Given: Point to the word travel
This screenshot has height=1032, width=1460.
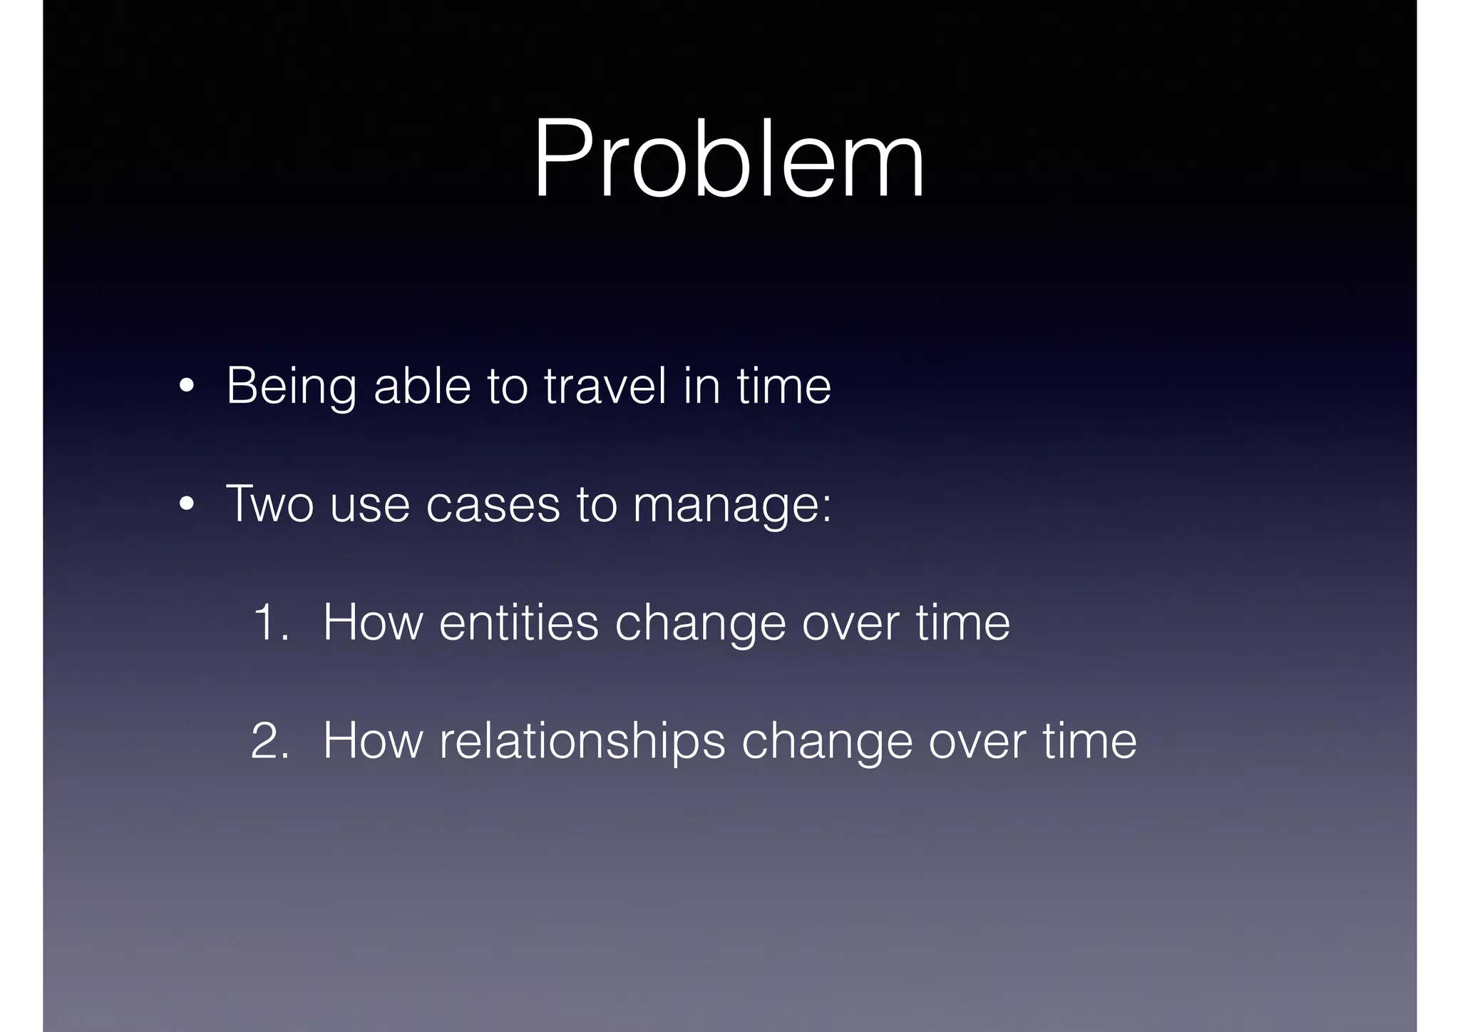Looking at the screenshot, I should pos(605,385).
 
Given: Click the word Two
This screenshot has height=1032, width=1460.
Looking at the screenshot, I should pos(269,504).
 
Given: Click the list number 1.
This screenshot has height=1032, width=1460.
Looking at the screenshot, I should pos(271,623).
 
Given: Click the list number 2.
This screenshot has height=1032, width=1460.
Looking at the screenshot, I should pos(271,741).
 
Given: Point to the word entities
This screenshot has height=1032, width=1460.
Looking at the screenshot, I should pos(518,623).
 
